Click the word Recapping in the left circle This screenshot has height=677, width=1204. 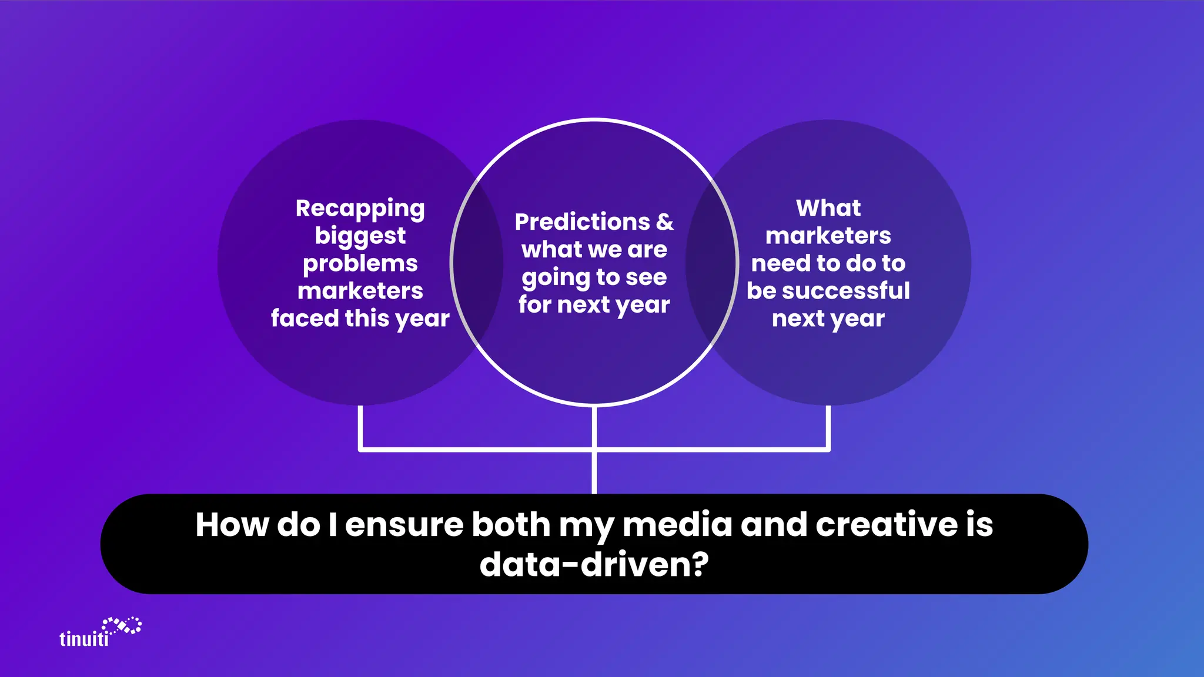(360, 209)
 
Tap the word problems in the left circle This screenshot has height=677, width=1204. (360, 264)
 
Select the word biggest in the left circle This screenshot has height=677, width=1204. (360, 236)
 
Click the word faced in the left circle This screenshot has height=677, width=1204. (305, 319)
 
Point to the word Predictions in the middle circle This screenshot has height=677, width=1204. (582, 222)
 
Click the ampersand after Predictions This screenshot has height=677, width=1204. (665, 222)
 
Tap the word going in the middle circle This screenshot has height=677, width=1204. (556, 278)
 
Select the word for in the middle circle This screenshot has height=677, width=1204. (535, 305)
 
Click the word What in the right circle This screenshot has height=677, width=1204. (828, 208)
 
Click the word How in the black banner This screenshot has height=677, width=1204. (232, 524)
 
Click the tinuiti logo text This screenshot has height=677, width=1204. (84, 639)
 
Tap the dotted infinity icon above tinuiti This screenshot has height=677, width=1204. (122, 625)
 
